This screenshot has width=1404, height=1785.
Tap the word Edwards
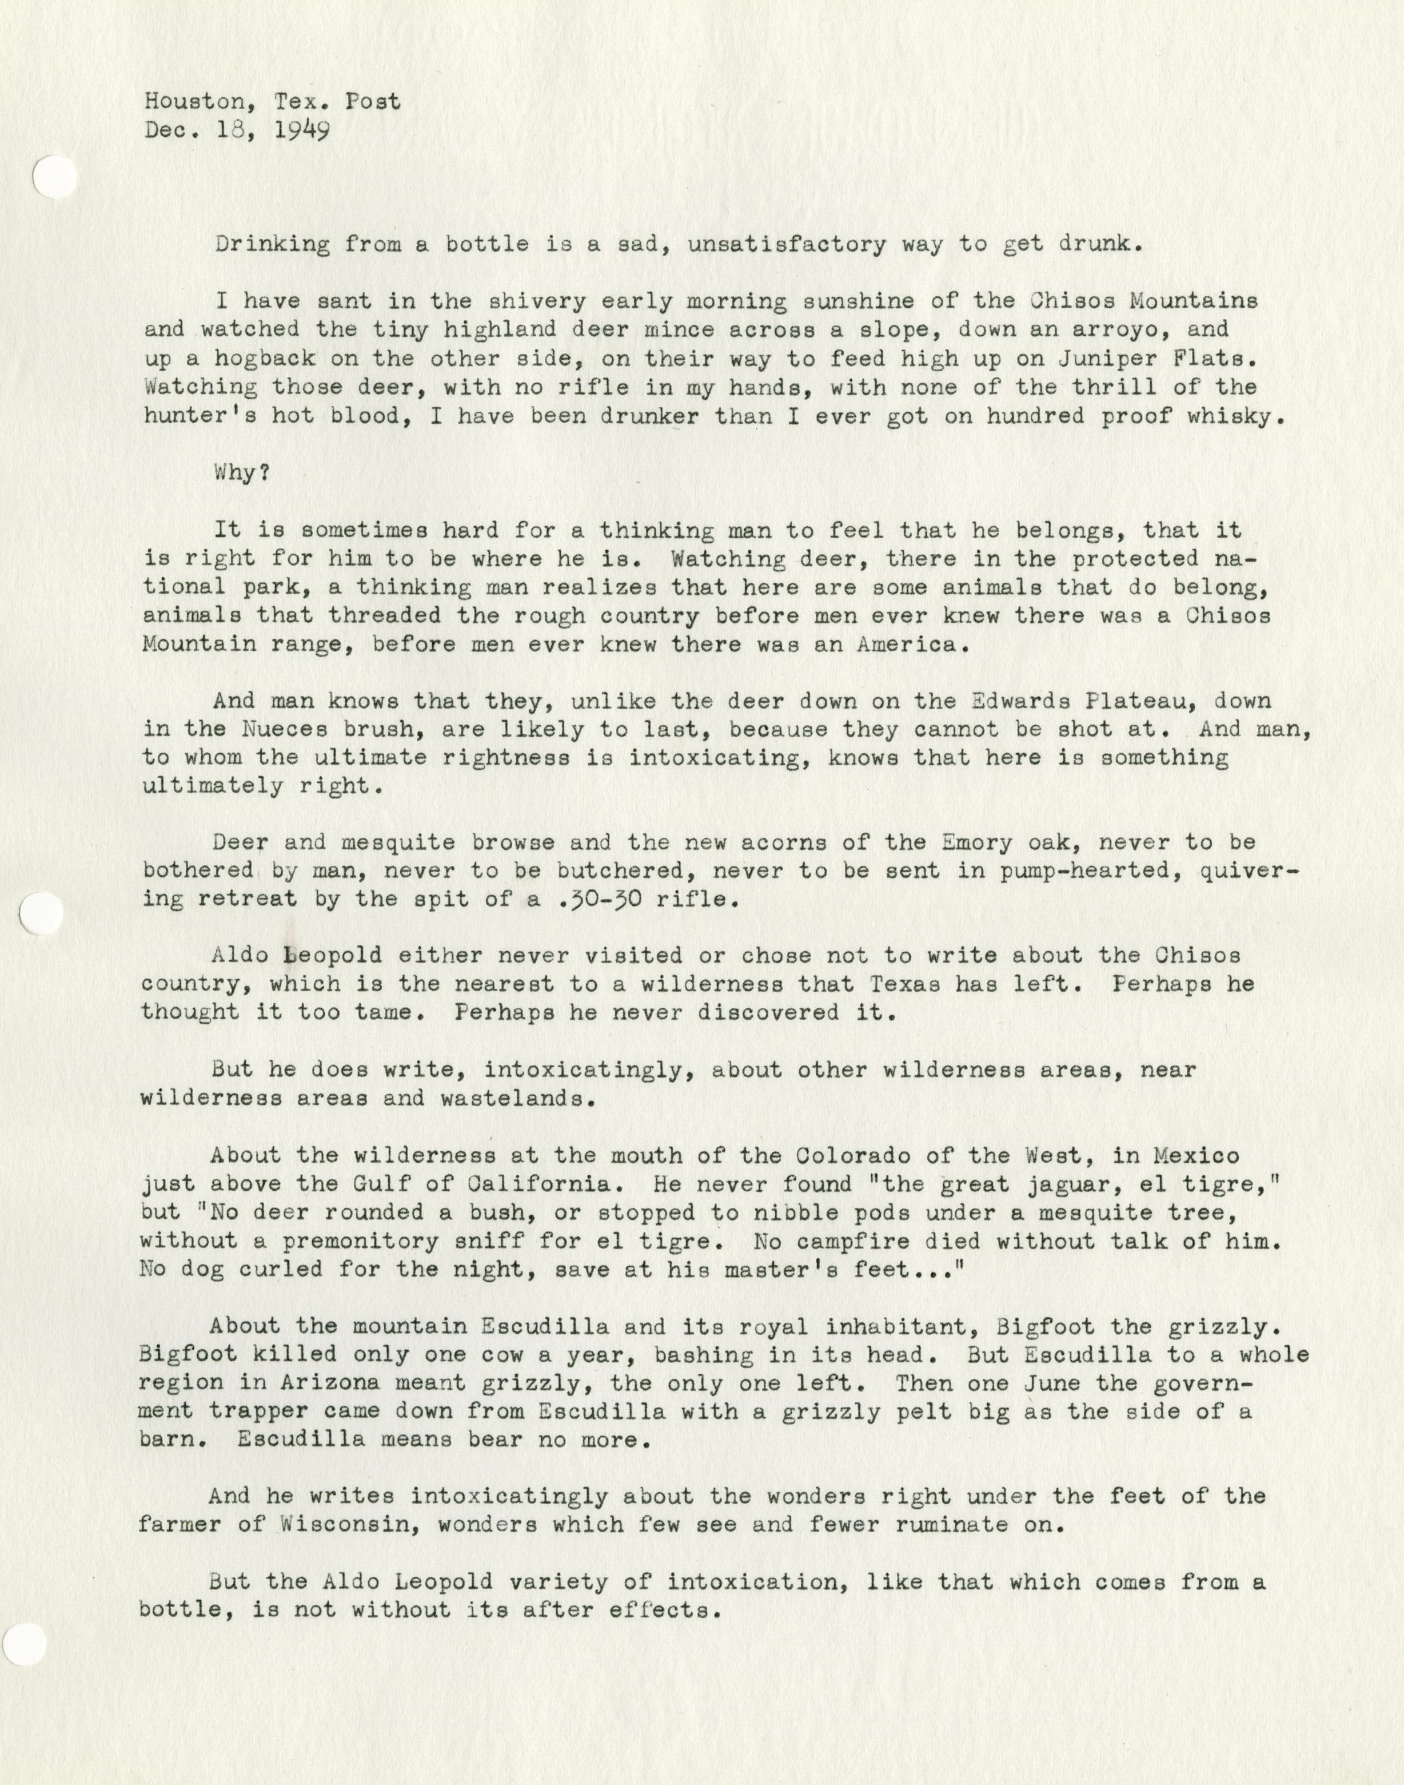point(1022,701)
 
